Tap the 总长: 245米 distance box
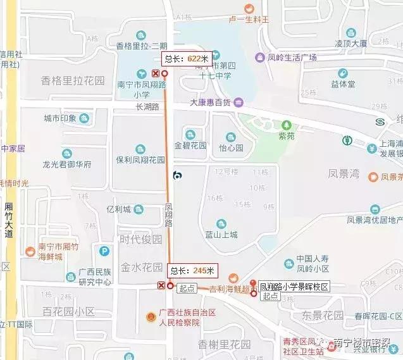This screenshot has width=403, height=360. pos(193,270)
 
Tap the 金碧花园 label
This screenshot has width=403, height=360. pos(190,146)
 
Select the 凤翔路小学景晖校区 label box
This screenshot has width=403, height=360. pos(295,287)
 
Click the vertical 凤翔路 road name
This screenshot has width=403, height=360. pos(169,215)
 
